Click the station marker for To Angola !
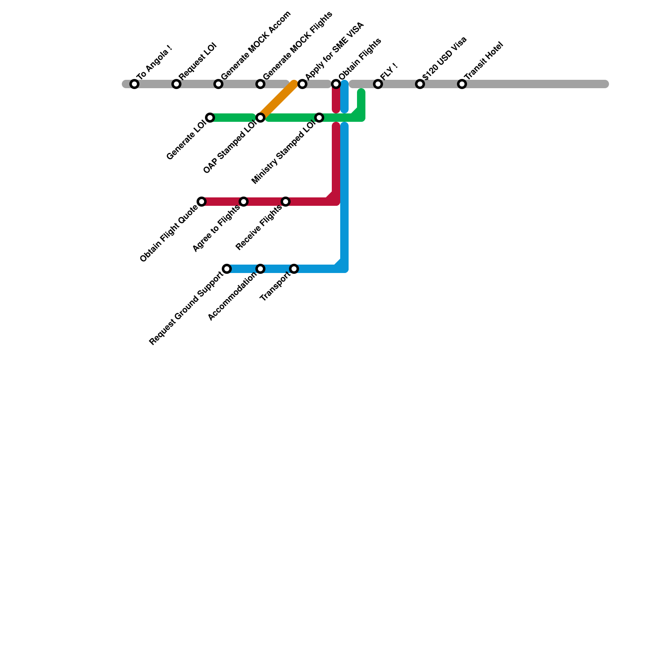134,84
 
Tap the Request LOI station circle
176,84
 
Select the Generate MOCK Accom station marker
218,84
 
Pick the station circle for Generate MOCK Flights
260,84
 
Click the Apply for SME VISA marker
302,84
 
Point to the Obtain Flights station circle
336,84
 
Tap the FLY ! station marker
378,84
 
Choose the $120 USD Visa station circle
420,84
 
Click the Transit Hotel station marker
462,84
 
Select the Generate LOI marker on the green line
210,118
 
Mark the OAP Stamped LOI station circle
260,118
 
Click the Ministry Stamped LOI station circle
319,118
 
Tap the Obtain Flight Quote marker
202,202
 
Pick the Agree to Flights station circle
244,202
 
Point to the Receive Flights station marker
286,202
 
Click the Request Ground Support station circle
227,269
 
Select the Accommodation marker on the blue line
260,269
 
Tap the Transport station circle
294,269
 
